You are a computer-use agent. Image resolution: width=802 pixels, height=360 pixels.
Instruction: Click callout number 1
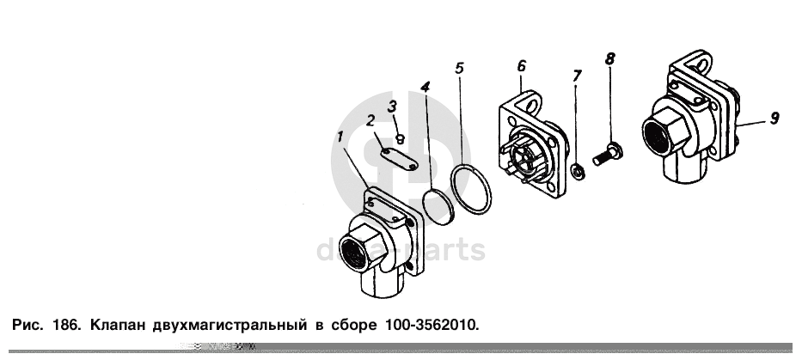pos(340,137)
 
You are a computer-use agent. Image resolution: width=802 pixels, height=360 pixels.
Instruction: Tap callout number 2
pos(370,120)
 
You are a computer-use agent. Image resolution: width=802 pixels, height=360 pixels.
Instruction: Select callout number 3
pos(392,107)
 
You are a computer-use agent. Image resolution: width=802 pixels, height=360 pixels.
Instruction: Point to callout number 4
pos(425,87)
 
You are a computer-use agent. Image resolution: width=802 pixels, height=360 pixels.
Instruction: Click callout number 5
pos(459,68)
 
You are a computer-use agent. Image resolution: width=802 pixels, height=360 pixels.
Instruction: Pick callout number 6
pos(521,66)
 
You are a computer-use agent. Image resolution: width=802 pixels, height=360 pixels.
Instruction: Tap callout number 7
pos(577,76)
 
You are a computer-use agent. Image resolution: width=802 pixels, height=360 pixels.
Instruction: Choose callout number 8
pos(609,58)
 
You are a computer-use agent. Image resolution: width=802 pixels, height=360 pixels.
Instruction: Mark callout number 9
pos(774,118)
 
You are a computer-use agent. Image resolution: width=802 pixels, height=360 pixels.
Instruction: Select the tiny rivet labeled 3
pos(401,138)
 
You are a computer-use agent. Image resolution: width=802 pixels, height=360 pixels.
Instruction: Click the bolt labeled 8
pos(608,154)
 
